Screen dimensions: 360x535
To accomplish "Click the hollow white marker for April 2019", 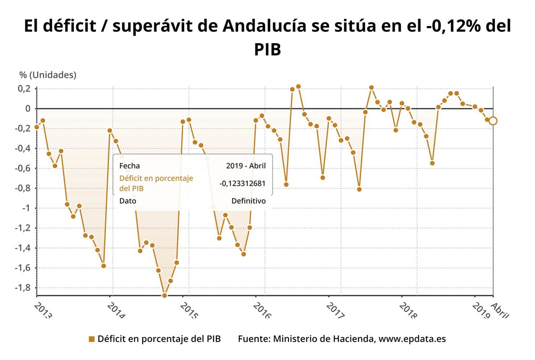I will (x=493, y=121).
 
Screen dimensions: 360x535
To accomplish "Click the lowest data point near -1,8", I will (x=164, y=295).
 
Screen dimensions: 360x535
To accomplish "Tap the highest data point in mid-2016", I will (x=298, y=86).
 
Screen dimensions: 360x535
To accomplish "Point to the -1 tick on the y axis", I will (x=26, y=208).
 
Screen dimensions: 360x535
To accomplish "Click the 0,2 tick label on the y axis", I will (x=25, y=89).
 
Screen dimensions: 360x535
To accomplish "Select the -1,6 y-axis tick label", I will (x=23, y=268).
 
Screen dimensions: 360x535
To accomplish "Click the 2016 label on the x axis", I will (x=262, y=310).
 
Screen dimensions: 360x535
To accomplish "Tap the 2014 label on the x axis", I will (x=116, y=310).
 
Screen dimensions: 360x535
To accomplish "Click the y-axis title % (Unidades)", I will (x=48, y=75).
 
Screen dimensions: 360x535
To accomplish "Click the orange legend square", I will (x=92, y=339).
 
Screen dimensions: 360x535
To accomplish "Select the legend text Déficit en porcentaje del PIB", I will (x=159, y=339).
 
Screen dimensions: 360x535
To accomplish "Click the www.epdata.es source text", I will (x=412, y=339).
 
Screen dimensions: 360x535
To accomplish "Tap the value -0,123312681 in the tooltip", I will (x=243, y=184).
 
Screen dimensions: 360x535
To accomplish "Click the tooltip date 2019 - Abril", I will (x=246, y=166).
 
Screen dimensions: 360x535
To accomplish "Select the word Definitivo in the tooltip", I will (x=248, y=201).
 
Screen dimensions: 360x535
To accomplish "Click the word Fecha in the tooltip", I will (x=129, y=166).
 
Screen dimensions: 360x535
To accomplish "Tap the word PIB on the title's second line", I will (x=267, y=49).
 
